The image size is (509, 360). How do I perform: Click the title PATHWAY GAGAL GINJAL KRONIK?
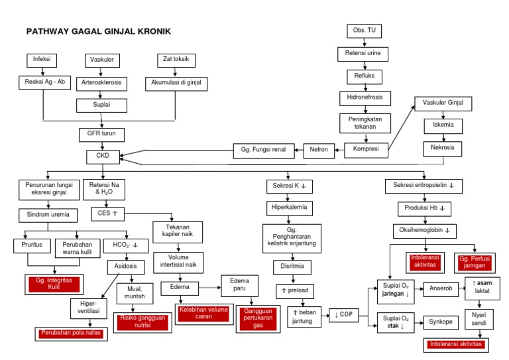[98, 31]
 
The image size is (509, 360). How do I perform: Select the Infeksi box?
[42, 60]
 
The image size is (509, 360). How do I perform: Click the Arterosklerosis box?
[101, 84]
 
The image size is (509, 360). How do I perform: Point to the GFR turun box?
[101, 133]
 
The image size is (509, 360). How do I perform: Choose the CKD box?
[103, 156]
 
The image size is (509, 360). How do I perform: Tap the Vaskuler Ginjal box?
[443, 103]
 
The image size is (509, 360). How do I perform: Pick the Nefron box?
[319, 150]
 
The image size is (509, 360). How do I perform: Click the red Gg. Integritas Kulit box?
[54, 284]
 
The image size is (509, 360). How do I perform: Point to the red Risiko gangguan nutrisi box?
[142, 322]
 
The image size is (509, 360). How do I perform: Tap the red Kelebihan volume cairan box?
[202, 312]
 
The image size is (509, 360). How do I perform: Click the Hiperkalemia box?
[288, 208]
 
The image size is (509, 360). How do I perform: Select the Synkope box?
[441, 322]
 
